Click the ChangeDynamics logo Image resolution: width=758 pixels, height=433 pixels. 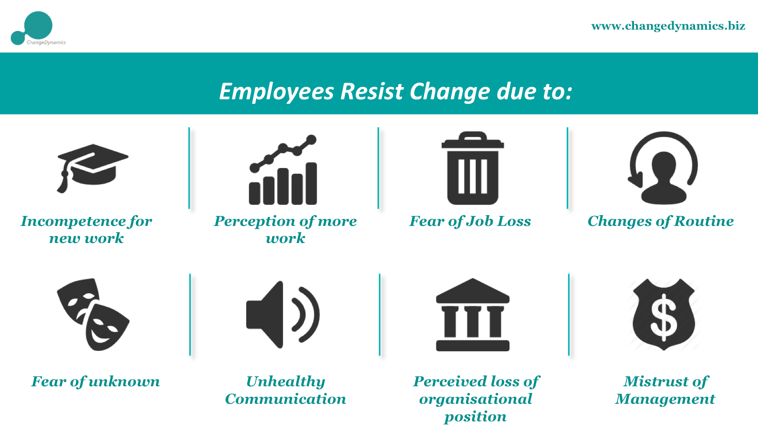coord(38,28)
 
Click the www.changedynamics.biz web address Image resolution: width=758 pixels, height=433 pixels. coord(668,26)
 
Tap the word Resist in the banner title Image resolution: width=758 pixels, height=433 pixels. coord(372,91)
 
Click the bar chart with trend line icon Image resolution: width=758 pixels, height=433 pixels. coord(283,170)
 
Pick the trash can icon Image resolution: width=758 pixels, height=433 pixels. coord(473,168)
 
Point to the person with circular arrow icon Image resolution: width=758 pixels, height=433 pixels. coord(663,168)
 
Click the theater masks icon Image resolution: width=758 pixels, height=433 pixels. coord(93,314)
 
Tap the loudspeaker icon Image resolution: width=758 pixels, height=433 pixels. coord(283,314)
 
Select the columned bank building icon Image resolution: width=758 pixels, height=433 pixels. coord(473,314)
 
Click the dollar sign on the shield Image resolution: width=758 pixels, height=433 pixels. coord(664,317)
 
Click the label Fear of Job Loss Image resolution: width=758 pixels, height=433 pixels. coord(470,221)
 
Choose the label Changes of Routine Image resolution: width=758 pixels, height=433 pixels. coord(660,221)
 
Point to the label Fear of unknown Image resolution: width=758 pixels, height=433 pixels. coord(95,382)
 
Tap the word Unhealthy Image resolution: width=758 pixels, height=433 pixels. coord(286,382)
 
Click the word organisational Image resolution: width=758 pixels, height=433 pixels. coord(476,399)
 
